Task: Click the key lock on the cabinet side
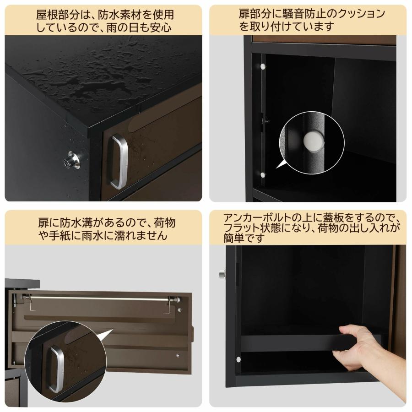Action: (72, 160)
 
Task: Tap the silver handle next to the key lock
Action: (119, 161)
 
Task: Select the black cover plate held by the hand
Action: (302, 343)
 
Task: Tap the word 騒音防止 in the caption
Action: (291, 14)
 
